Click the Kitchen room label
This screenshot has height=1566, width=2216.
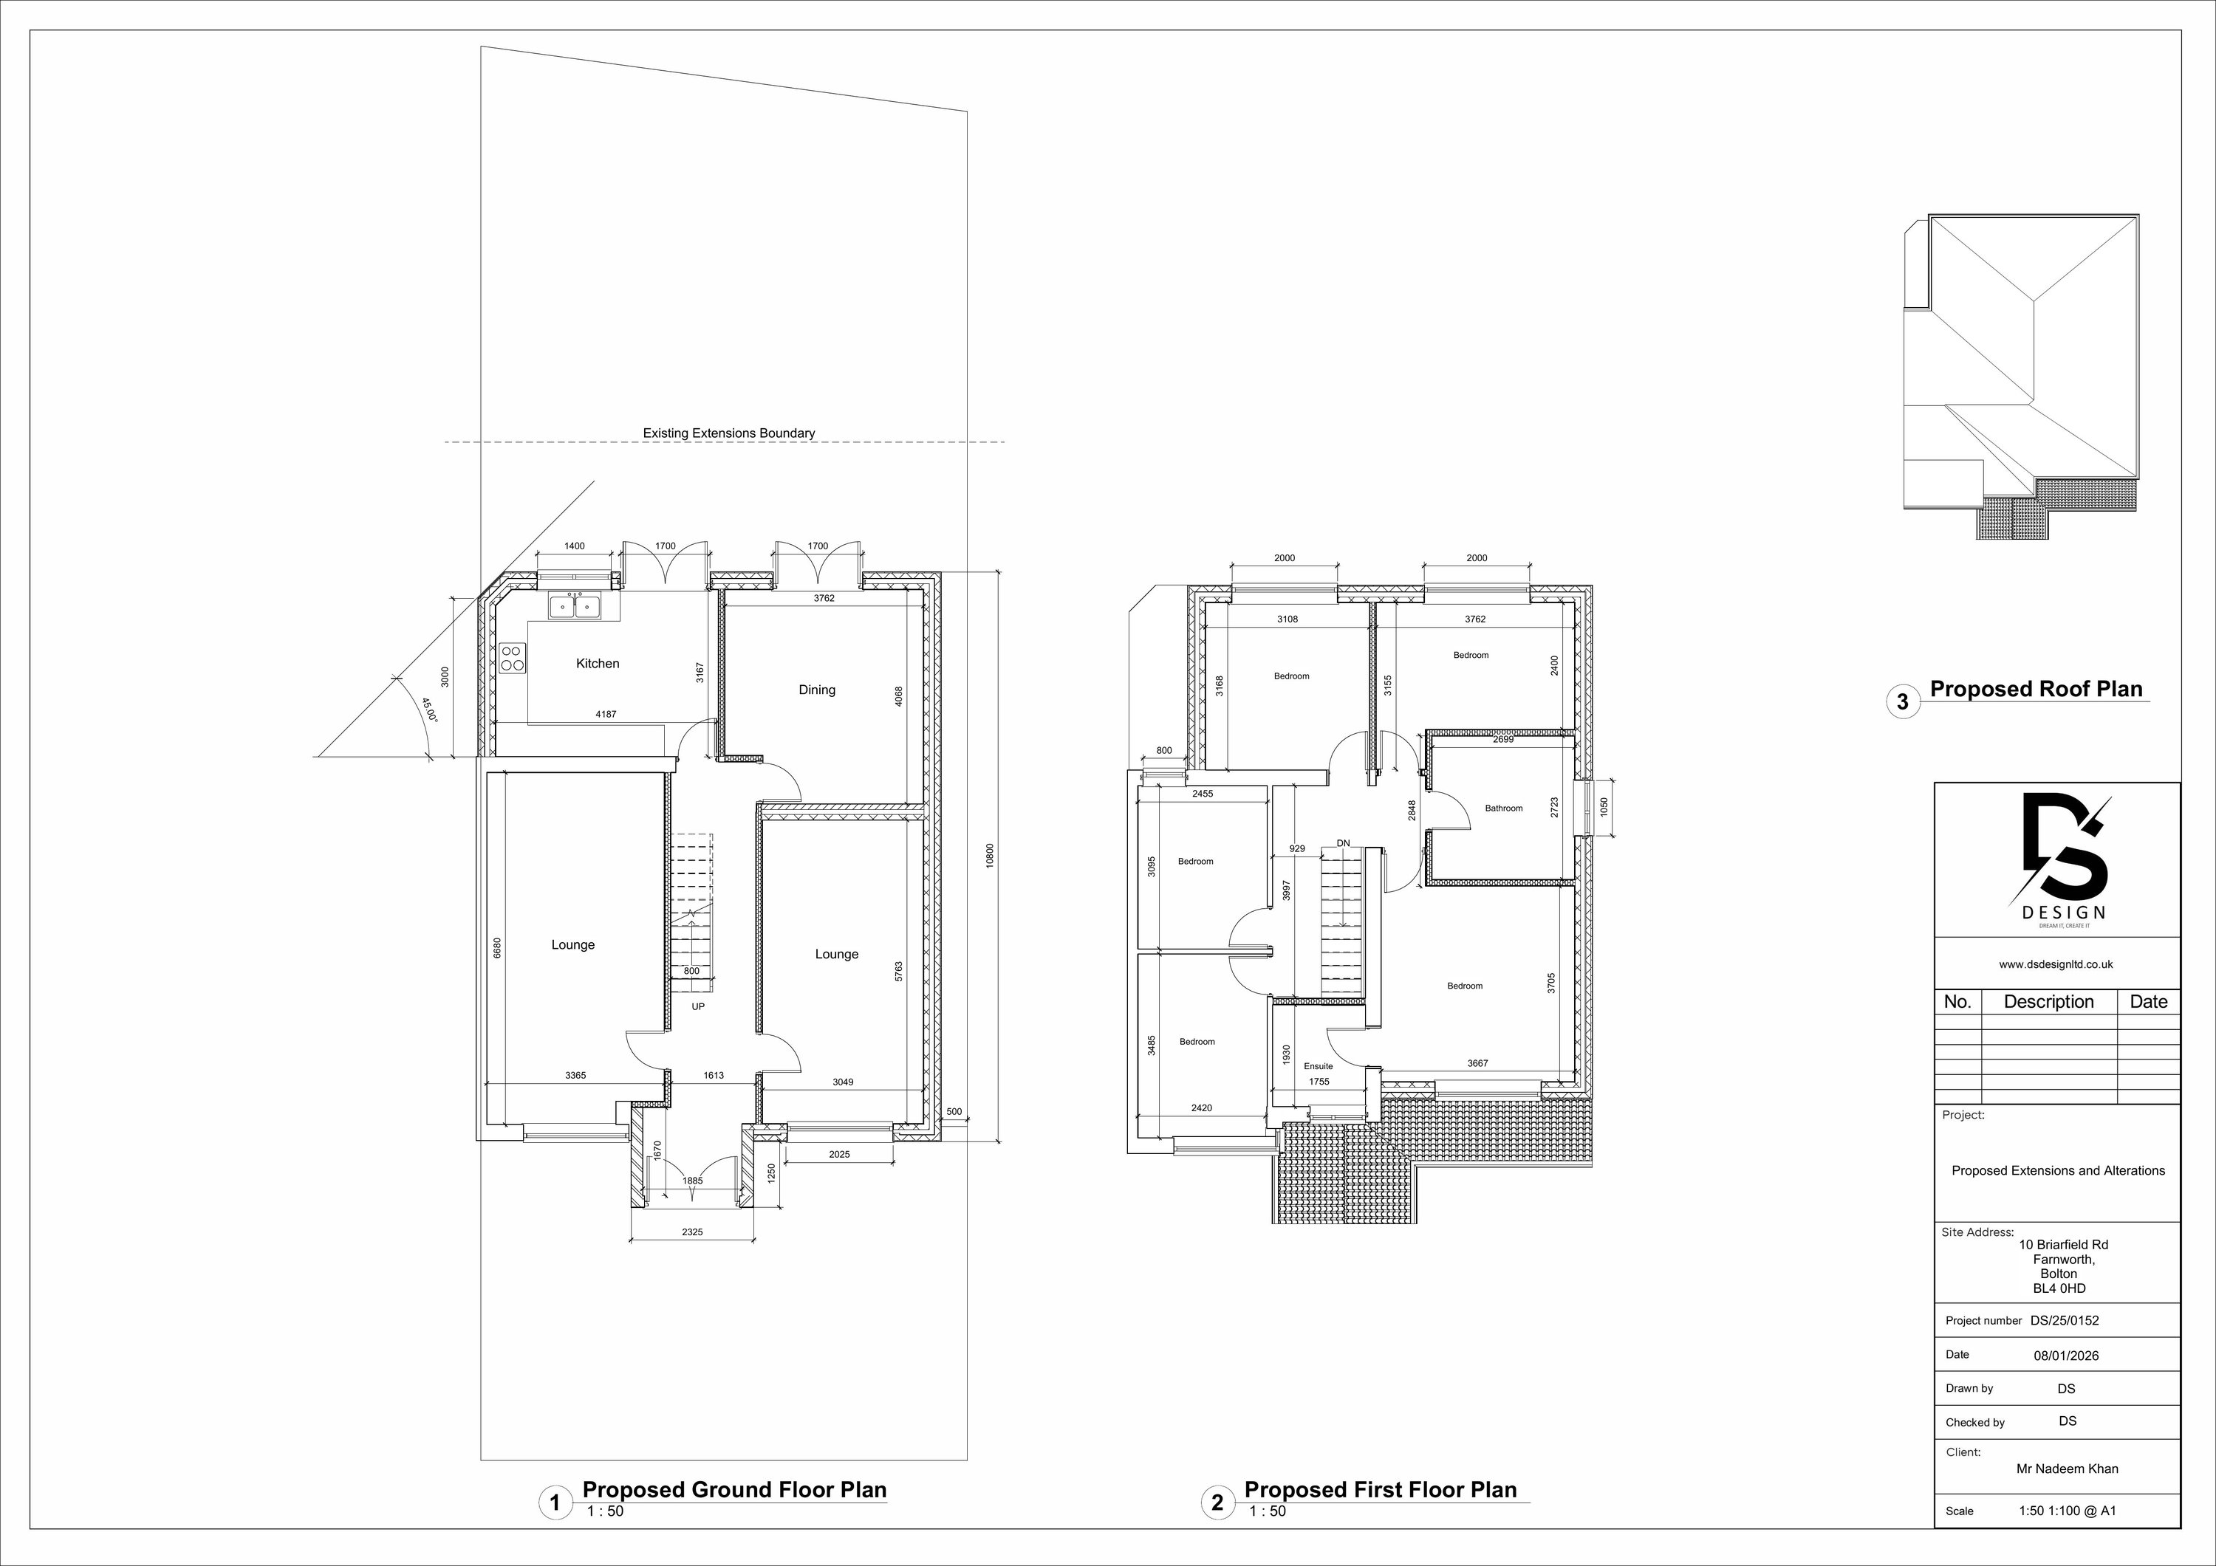tap(598, 663)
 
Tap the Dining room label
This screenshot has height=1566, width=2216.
tap(816, 689)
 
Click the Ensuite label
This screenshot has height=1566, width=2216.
tap(1318, 1066)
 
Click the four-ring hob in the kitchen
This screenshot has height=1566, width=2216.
tap(513, 658)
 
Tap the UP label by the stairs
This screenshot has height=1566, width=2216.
tap(698, 1006)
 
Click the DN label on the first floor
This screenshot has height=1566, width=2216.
tap(1344, 843)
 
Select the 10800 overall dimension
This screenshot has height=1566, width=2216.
tap(989, 856)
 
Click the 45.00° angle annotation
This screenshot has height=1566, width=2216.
tap(428, 710)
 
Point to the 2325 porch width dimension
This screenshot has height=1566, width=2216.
tap(692, 1232)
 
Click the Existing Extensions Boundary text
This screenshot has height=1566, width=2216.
tap(728, 433)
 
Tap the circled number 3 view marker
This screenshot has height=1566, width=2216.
tap(1902, 701)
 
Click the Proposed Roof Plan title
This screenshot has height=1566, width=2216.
tap(2036, 689)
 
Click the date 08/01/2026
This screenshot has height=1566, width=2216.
tap(2066, 1355)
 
